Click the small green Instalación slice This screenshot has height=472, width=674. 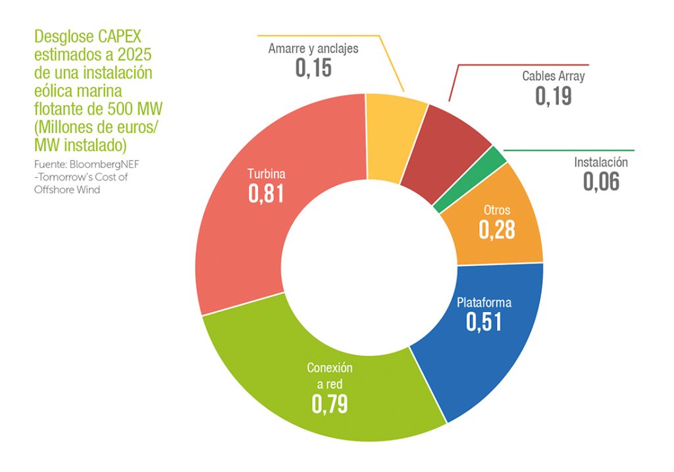click(498, 155)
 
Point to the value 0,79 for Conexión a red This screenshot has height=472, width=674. click(330, 404)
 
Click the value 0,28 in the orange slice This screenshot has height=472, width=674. click(496, 230)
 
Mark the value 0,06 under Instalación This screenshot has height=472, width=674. click(601, 181)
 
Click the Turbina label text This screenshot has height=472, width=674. click(266, 174)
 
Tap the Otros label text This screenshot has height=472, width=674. click(497, 211)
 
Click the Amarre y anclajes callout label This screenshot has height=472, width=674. click(313, 49)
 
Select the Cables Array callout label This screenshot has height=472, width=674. click(554, 76)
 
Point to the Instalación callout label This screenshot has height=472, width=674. click(601, 162)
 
